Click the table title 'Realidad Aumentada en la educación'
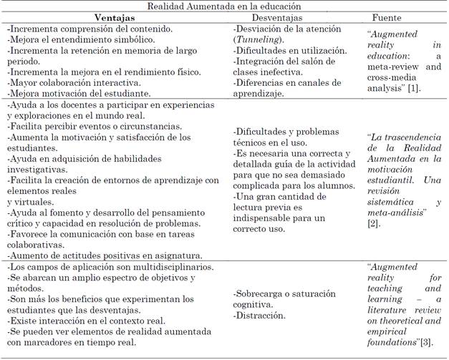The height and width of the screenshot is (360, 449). (223, 6)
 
